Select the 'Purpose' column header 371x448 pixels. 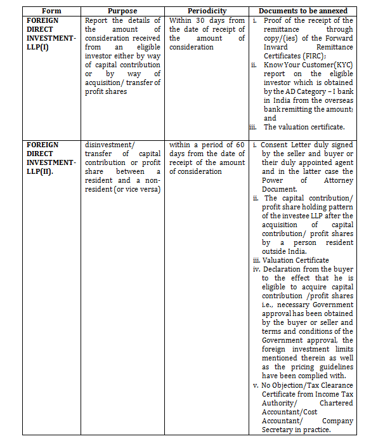pos(122,11)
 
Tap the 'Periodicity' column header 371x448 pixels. pos(207,11)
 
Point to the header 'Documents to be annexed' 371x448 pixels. pos(303,11)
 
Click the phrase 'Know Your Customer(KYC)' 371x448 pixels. pos(308,65)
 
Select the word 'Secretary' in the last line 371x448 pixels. pos(281,429)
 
